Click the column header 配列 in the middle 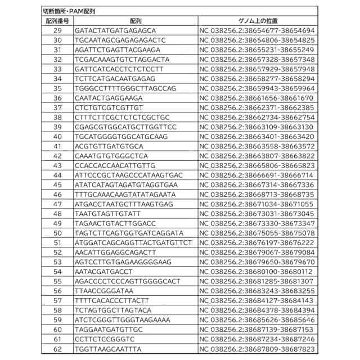coord(135,20)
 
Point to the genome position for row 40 coord(257,137)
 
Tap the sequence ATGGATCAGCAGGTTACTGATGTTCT coord(133,243)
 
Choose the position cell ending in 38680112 coord(257,272)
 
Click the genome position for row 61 coord(257,340)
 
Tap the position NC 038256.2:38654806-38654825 coord(257,40)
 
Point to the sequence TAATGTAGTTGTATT coord(106,214)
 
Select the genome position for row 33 coord(257,69)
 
